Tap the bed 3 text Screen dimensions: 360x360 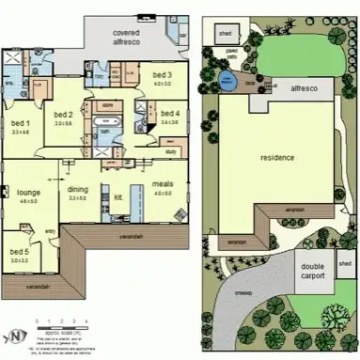tap(162, 75)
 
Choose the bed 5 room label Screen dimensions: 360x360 tap(19, 251)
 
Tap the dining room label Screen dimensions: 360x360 tap(103, 190)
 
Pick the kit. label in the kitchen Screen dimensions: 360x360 tap(119, 197)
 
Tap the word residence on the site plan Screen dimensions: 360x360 tap(278, 157)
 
